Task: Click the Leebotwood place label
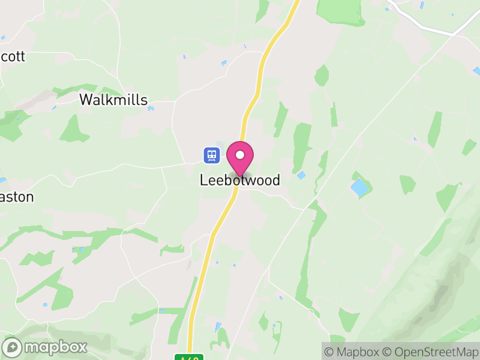(239, 180)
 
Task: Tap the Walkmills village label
(113, 100)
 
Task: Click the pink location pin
(240, 158)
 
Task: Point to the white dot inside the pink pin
(240, 155)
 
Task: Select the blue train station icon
(211, 155)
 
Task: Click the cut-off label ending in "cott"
(13, 56)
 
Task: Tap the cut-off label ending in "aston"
(17, 197)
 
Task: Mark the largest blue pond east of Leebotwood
(360, 188)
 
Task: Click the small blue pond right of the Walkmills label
(151, 109)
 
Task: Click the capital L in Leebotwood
(204, 180)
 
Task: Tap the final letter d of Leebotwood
(275, 180)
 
